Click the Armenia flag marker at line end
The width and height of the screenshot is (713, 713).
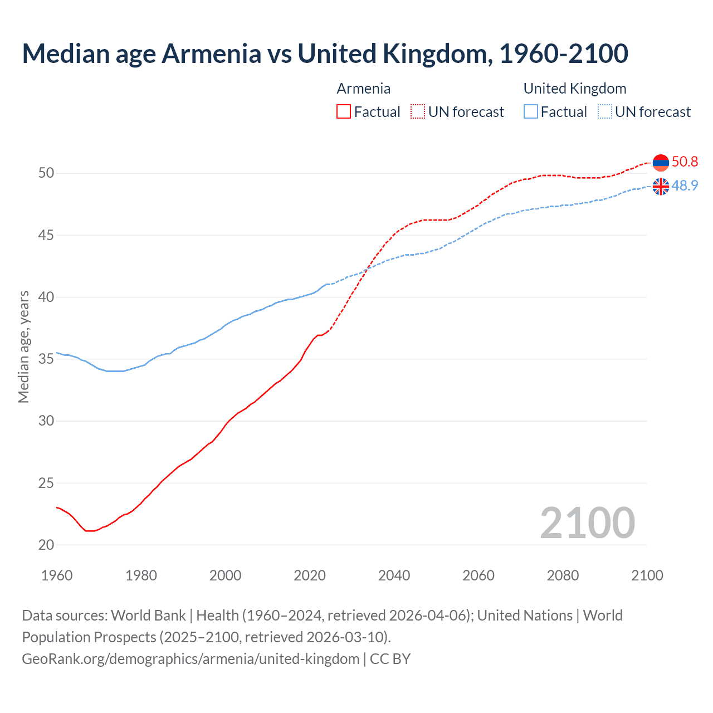point(661,163)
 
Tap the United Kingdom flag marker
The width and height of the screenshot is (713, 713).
point(661,187)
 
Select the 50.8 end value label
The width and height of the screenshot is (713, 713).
point(685,162)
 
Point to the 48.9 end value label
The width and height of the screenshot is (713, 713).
point(685,186)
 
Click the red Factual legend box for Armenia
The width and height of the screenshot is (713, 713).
point(344,112)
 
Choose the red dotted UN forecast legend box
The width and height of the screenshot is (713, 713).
point(418,112)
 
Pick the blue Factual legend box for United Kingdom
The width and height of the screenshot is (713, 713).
point(531,112)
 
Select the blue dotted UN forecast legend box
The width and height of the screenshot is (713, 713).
point(604,112)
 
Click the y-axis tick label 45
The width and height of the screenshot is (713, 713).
point(46,236)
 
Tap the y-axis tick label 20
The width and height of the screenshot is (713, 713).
point(46,545)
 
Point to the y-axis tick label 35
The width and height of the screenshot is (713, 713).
point(46,359)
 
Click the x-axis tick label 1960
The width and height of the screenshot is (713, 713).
point(57,575)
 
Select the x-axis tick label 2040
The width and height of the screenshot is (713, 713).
point(394,575)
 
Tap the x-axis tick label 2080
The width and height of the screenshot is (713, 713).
point(563,575)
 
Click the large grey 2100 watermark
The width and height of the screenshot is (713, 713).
point(587,523)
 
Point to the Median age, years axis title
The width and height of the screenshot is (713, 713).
point(23,346)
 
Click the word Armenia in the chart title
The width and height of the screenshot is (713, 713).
point(211,53)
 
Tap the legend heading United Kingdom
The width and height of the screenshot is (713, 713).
point(575,89)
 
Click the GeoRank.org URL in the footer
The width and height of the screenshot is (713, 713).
point(191,659)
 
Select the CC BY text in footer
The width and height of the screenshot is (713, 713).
point(390,659)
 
